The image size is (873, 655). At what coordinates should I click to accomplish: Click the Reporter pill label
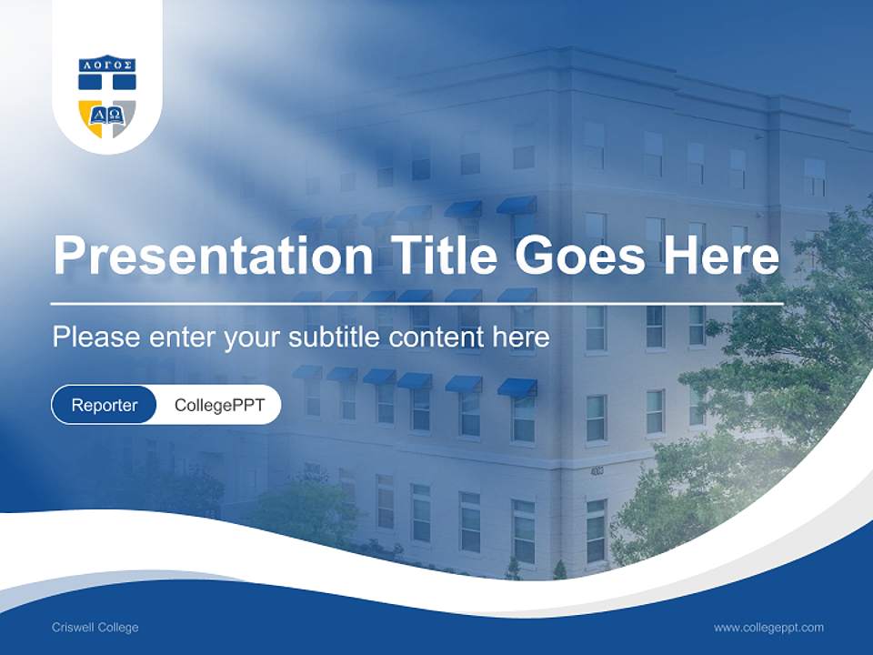(x=104, y=405)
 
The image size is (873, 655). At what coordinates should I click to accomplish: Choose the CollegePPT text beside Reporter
(x=219, y=405)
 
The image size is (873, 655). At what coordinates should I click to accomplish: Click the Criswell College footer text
(x=95, y=628)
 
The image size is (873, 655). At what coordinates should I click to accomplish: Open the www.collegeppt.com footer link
(x=768, y=628)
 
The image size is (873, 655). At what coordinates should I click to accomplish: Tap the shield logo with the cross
(x=107, y=96)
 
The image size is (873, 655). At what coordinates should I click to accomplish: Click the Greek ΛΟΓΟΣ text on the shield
(x=107, y=65)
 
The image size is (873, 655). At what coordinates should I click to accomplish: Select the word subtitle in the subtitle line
(x=336, y=338)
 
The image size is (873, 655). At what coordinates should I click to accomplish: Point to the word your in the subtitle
(x=252, y=338)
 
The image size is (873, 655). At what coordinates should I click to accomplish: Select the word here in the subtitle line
(x=521, y=338)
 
